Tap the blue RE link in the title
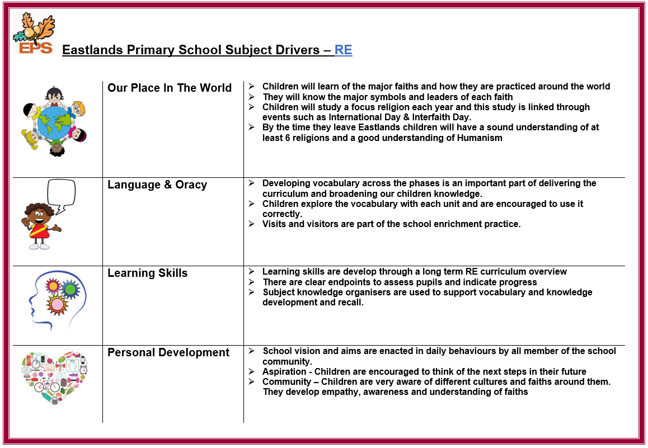click(343, 50)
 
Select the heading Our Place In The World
click(170, 88)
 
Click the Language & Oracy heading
click(157, 185)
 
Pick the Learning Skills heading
click(148, 273)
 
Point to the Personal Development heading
click(168, 352)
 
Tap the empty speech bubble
click(62, 195)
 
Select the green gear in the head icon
click(71, 289)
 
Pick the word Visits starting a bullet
click(275, 224)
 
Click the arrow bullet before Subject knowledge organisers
click(251, 292)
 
